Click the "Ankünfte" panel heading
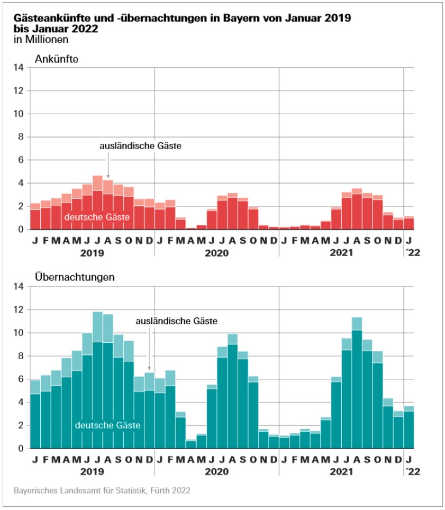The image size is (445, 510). [x=57, y=59]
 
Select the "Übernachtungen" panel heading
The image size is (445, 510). [x=67, y=277]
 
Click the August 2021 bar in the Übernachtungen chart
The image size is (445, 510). [x=357, y=386]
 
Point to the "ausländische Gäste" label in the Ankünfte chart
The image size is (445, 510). [x=141, y=145]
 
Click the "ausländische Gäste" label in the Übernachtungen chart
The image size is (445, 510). [x=177, y=321]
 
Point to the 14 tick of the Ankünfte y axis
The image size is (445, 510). [x=19, y=67]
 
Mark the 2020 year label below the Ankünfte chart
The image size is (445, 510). [x=216, y=253]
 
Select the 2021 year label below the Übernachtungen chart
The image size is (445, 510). [x=341, y=471]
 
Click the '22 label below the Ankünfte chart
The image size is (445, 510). [x=410, y=253]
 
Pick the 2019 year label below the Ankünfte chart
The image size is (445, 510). [x=92, y=253]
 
